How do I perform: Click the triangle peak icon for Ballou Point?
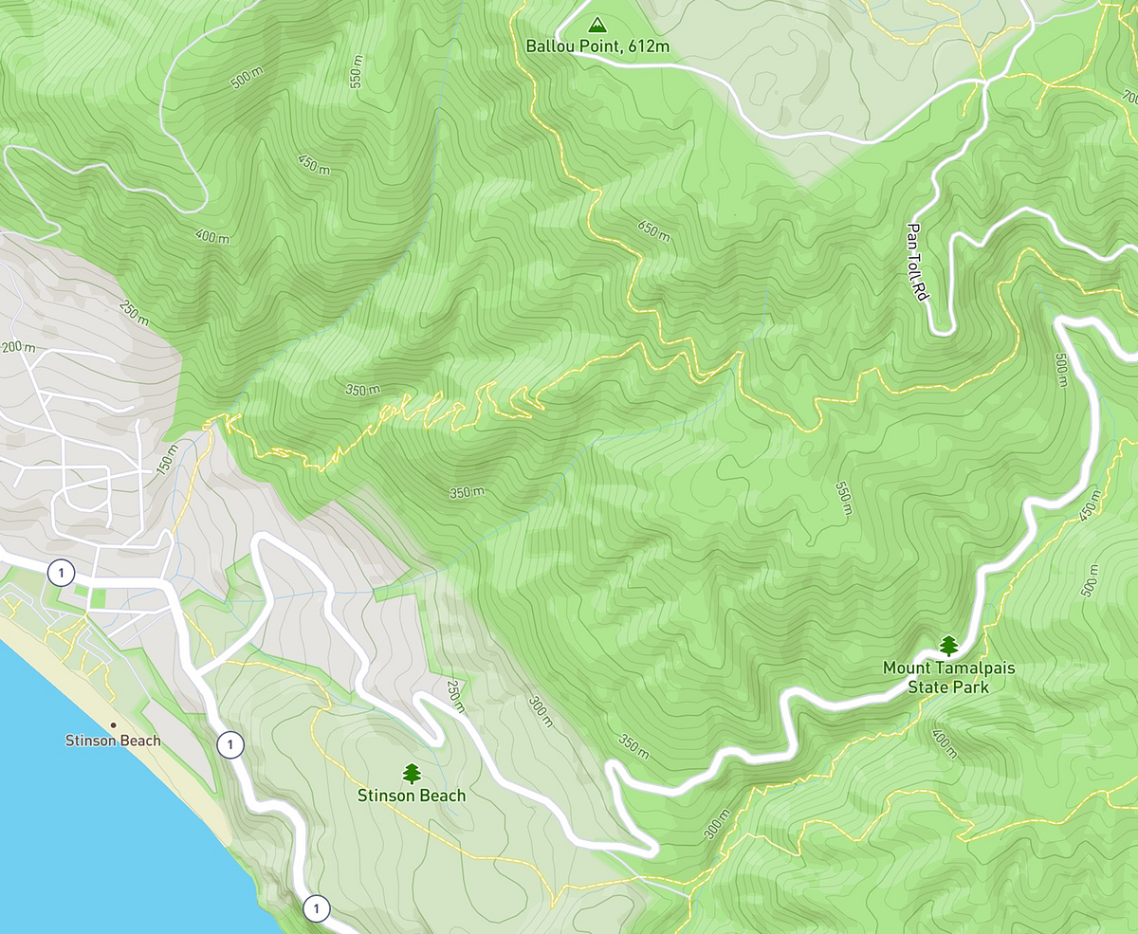[596, 25]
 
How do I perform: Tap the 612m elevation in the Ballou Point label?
[646, 45]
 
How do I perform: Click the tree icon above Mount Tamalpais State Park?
[948, 647]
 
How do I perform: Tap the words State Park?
[948, 687]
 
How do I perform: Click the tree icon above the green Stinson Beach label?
[412, 774]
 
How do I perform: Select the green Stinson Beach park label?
[412, 796]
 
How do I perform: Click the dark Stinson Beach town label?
[112, 741]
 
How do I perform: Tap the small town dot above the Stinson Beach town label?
[113, 724]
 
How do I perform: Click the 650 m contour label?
[654, 229]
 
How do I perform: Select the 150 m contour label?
[167, 458]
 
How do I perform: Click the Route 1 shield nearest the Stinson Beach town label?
[229, 745]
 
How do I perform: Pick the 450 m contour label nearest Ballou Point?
[313, 164]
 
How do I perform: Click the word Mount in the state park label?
[906, 668]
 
